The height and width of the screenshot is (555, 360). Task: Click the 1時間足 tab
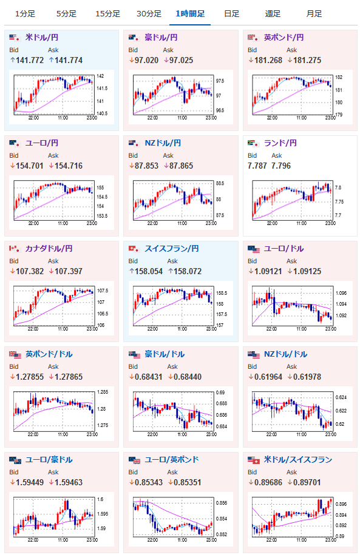[190, 14]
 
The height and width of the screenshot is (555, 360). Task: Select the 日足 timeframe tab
[232, 14]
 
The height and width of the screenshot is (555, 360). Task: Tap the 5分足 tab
[66, 14]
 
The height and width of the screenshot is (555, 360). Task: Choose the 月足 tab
[314, 14]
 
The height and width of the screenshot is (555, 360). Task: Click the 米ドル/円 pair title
[42, 37]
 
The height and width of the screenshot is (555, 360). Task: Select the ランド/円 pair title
[280, 143]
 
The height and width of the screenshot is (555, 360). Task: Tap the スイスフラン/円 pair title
[171, 249]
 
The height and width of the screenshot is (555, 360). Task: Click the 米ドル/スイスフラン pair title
[298, 459]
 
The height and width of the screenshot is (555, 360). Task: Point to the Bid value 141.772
[30, 61]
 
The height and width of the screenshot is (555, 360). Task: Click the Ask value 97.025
[181, 61]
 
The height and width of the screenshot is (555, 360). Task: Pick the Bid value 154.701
[29, 166]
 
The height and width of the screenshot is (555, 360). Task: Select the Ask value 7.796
[281, 166]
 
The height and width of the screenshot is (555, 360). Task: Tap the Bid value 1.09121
[268, 272]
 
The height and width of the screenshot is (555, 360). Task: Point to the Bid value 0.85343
[149, 482]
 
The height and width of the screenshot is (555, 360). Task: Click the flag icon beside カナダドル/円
[14, 249]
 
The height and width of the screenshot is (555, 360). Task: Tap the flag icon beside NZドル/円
[134, 143]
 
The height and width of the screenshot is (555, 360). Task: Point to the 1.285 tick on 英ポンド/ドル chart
[103, 392]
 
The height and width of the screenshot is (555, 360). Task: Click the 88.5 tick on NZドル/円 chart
[220, 183]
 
